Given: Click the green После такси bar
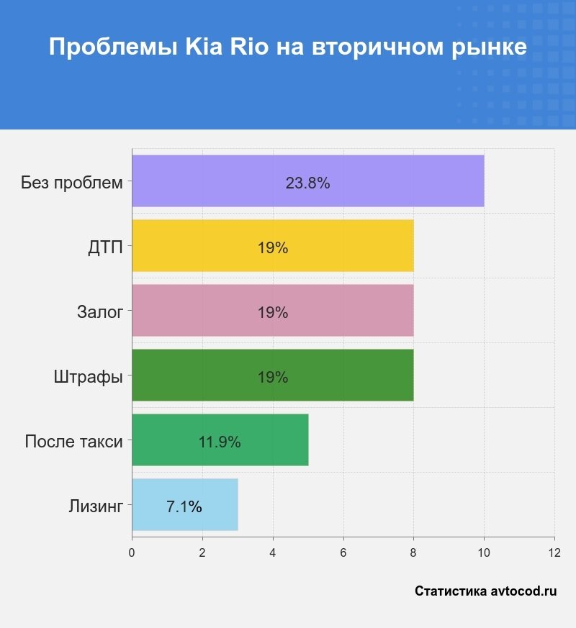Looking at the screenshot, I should [x=274, y=440].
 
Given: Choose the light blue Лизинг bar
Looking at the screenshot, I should [x=216, y=505].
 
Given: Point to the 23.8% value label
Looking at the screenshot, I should [x=307, y=183].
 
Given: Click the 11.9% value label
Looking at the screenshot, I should [x=220, y=442].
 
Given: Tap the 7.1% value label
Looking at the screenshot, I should [x=184, y=507].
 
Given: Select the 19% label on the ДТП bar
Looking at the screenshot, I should [x=273, y=248].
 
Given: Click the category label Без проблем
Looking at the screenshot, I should [x=72, y=183].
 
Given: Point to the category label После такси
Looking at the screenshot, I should [x=73, y=442].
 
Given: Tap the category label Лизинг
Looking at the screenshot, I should [x=96, y=506].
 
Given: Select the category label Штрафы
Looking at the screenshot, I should [x=88, y=377].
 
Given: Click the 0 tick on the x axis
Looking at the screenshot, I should [x=132, y=552].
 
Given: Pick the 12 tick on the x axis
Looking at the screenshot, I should [x=554, y=552].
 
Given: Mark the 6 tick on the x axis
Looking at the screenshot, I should [x=343, y=552].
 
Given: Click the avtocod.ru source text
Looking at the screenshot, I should [x=523, y=591].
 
